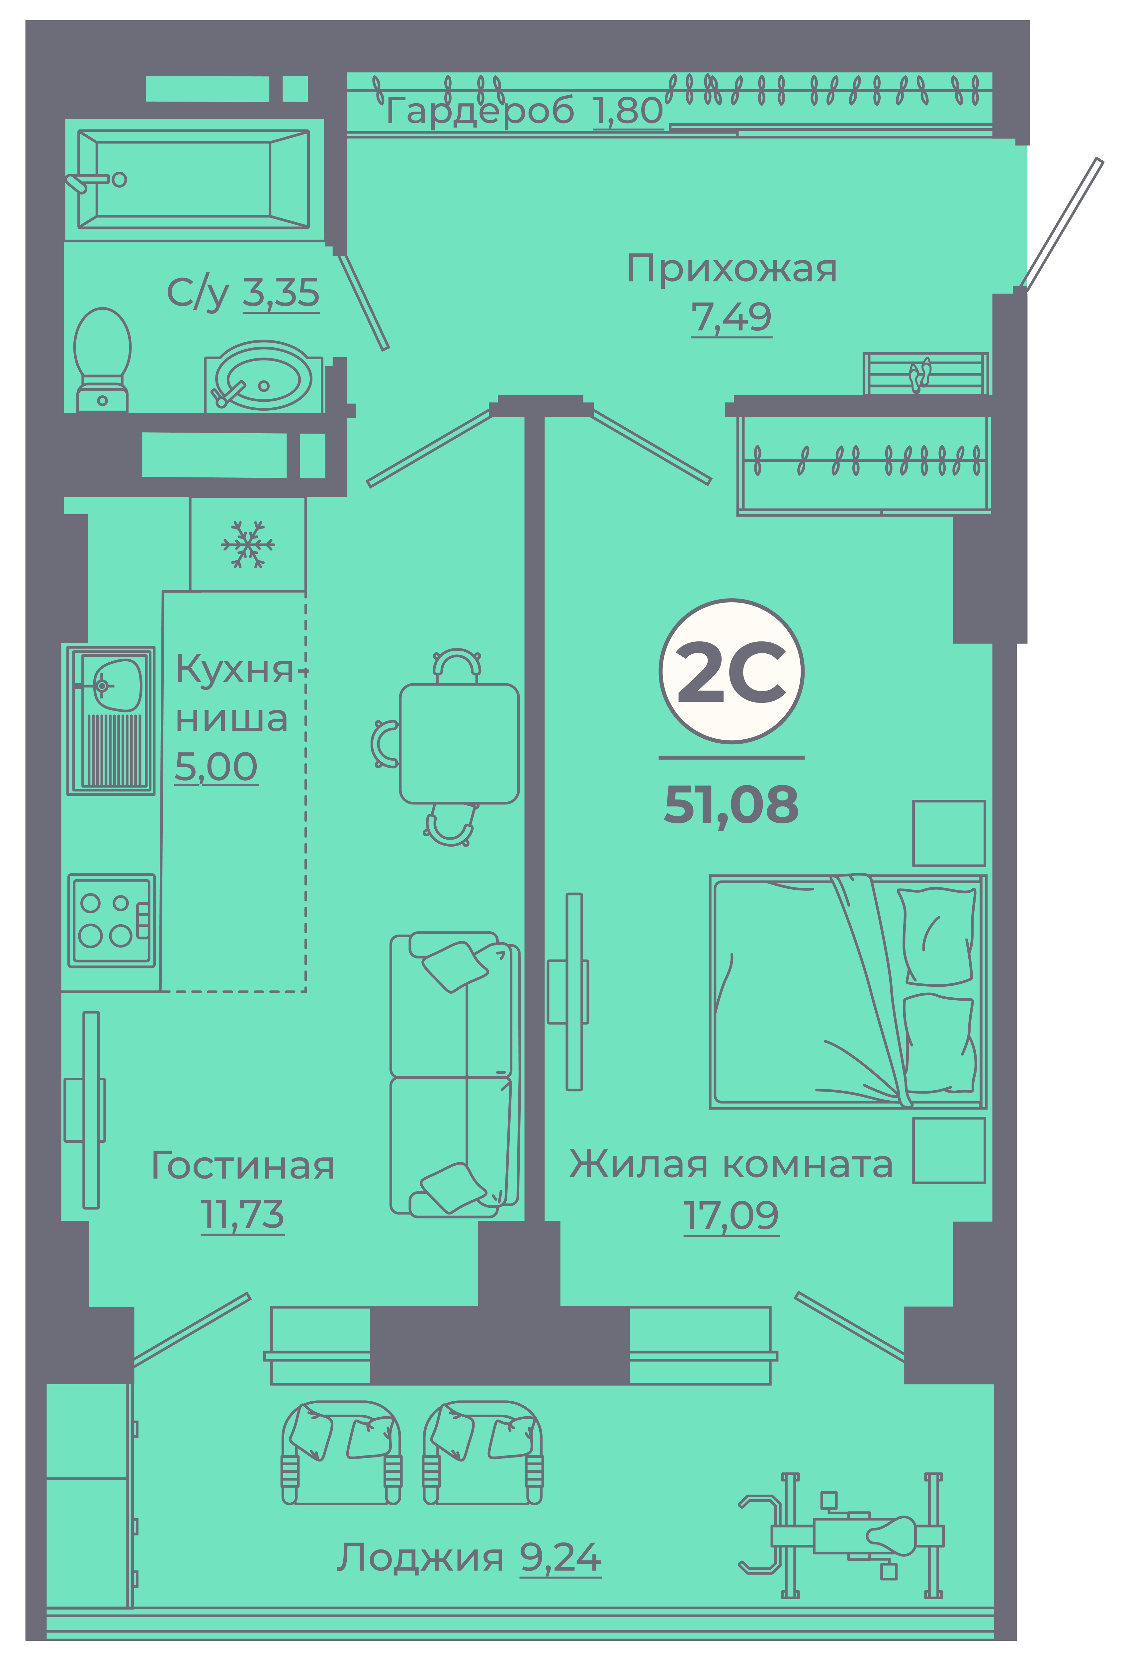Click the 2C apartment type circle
tap(731, 671)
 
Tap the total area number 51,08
tap(731, 805)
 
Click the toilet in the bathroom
tap(102, 359)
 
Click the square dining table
tap(459, 744)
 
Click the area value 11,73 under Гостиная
tap(242, 1214)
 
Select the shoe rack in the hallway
tap(925, 373)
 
